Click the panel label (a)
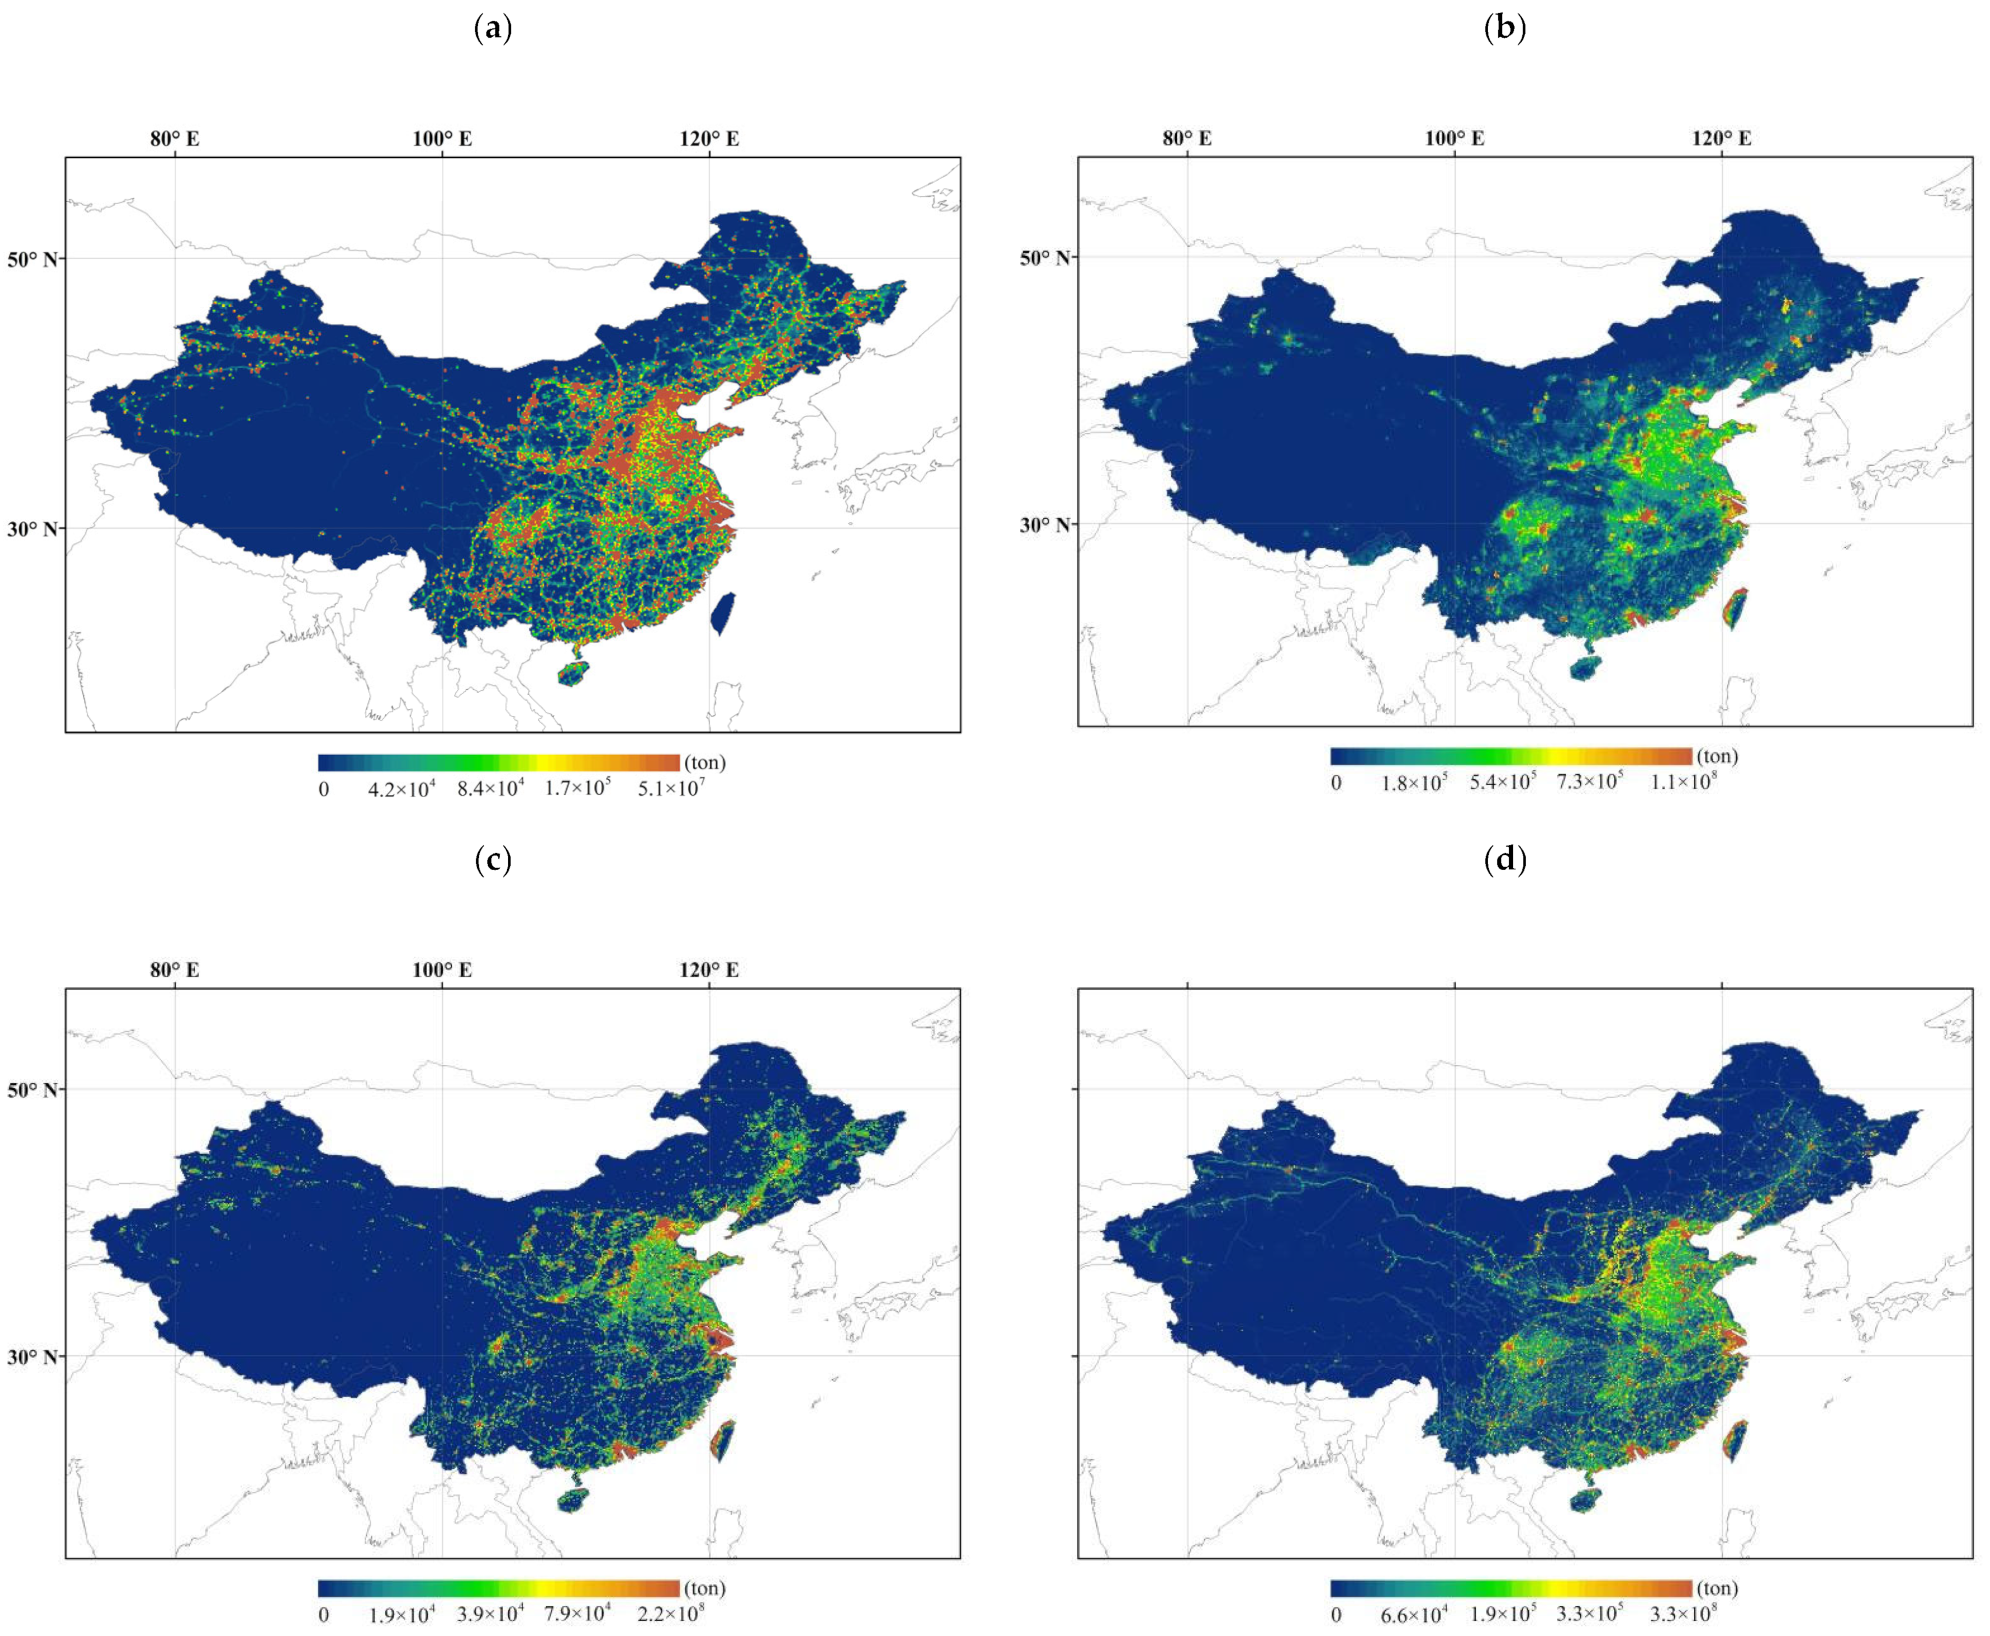(x=493, y=29)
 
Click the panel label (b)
(x=1505, y=29)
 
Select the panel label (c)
(x=493, y=860)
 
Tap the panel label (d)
(x=1505, y=860)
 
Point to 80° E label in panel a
(x=175, y=139)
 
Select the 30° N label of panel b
(x=1045, y=525)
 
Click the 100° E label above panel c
(x=442, y=970)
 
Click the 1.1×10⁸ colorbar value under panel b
(x=1683, y=782)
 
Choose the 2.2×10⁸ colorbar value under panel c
(x=670, y=1614)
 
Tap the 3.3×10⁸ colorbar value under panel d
(x=1683, y=1614)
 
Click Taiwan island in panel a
(x=723, y=612)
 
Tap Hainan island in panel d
(x=1586, y=1499)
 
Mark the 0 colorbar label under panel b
(x=1336, y=782)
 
